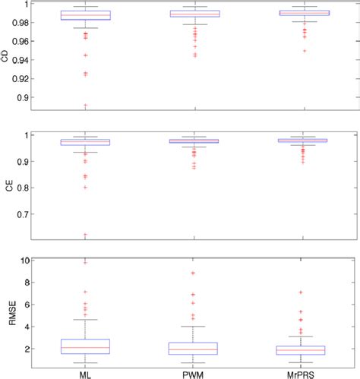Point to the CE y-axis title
coord(7,185)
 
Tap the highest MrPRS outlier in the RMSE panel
coord(304,292)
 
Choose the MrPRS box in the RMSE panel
coord(304,349)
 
